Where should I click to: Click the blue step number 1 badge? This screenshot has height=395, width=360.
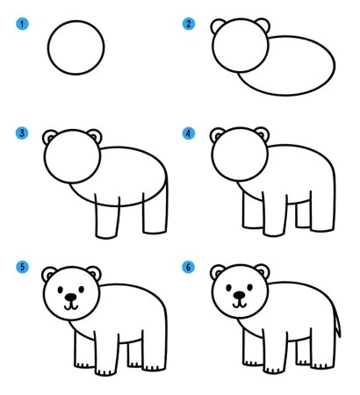pyautogui.click(x=22, y=24)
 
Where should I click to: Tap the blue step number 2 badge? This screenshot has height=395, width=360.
pyautogui.click(x=189, y=24)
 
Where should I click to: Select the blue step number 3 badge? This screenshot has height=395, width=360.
pyautogui.click(x=22, y=133)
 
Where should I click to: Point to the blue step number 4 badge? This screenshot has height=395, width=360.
pyautogui.click(x=189, y=133)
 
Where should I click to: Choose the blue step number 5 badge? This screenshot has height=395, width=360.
pyautogui.click(x=22, y=267)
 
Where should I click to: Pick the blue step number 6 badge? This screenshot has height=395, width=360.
pyautogui.click(x=188, y=267)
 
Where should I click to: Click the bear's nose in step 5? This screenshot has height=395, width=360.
pyautogui.click(x=71, y=297)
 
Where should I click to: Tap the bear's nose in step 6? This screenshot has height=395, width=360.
pyautogui.click(x=240, y=295)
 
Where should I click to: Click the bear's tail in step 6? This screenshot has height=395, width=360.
pyautogui.click(x=336, y=322)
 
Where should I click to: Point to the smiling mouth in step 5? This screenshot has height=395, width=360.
pyautogui.click(x=71, y=306)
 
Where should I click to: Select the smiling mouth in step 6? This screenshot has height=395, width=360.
pyautogui.click(x=240, y=304)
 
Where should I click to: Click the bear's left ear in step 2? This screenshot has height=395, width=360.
pyautogui.click(x=217, y=25)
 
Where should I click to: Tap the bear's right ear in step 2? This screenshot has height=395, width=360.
pyautogui.click(x=263, y=25)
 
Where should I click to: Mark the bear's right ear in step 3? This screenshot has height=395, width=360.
pyautogui.click(x=96, y=135)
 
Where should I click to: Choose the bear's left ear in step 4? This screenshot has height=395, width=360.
pyautogui.click(x=217, y=134)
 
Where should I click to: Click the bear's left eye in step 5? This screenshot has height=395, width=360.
pyautogui.click(x=61, y=290)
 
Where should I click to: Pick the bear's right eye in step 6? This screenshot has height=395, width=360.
pyautogui.click(x=250, y=287)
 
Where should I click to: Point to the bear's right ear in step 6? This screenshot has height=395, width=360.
pyautogui.click(x=263, y=270)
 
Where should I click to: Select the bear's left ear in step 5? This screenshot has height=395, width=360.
pyautogui.click(x=49, y=274)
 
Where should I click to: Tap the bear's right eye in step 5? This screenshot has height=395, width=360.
pyautogui.click(x=82, y=290)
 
